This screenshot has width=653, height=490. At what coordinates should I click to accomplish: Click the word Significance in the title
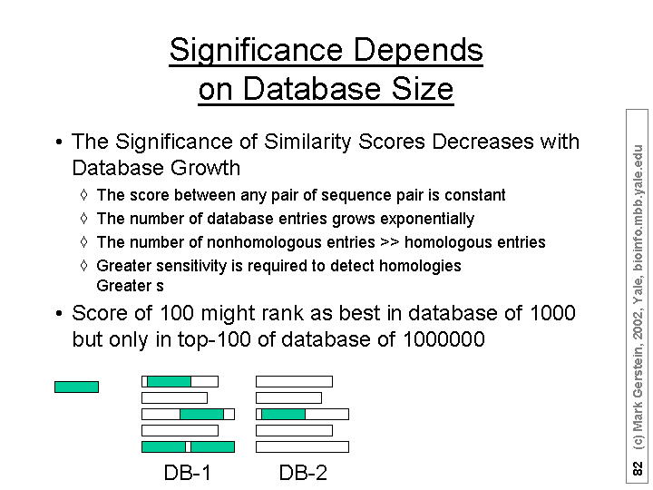[256, 51]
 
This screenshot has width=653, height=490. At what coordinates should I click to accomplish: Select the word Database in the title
[311, 88]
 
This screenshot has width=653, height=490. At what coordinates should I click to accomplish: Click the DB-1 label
[188, 473]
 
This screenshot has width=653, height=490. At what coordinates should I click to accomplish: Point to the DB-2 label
[303, 473]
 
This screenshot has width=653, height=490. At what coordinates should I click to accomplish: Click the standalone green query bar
[76, 387]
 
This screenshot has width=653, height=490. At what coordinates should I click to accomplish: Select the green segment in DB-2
[283, 414]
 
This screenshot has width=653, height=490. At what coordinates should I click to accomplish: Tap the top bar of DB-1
[180, 381]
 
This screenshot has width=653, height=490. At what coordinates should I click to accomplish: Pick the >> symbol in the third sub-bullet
[389, 242]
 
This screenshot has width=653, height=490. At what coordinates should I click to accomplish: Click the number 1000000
[443, 339]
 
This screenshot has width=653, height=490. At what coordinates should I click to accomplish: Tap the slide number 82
[638, 468]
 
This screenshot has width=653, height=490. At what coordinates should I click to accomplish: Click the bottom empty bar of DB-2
[302, 447]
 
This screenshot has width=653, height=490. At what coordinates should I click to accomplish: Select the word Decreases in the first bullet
[483, 142]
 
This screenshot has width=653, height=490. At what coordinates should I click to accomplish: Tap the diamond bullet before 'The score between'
[83, 194]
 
